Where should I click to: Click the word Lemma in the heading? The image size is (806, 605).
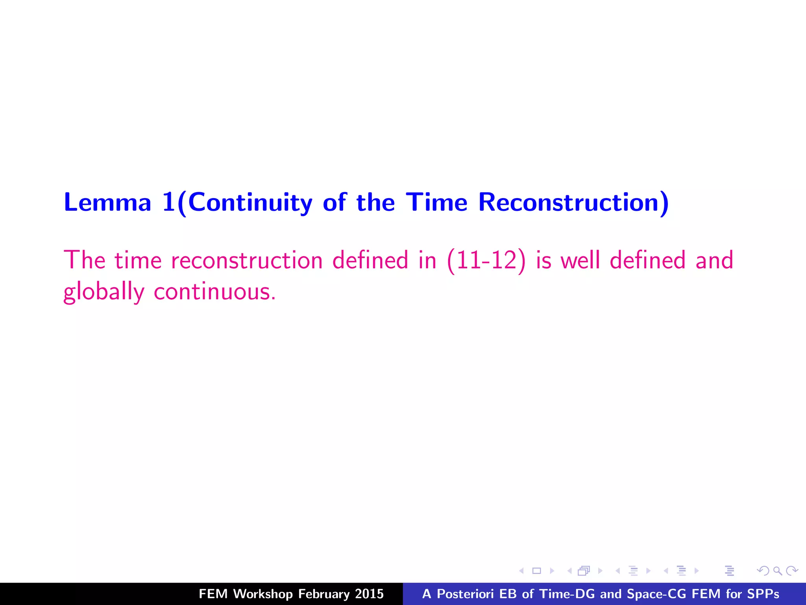pos(107,202)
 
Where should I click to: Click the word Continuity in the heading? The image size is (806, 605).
pos(250,202)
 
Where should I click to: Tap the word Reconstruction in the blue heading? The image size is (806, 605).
pos(569,202)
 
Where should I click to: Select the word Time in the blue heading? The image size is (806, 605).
pos(437,202)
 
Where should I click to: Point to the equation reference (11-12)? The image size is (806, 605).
pos(486,260)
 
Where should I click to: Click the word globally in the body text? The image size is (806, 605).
pos(104,292)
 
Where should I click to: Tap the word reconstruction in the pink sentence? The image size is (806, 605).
pos(247,260)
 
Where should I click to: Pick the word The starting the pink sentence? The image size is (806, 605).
pos(85,260)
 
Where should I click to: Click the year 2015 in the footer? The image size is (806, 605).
pos(369,594)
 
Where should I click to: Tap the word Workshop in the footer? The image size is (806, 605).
pos(263,594)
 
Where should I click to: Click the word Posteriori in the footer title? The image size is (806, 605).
pos(465,594)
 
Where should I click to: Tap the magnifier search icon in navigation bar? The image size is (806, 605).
pos(777,571)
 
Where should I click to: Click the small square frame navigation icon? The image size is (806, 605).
pos(536,571)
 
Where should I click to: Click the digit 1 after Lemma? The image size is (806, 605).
pos(168,202)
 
